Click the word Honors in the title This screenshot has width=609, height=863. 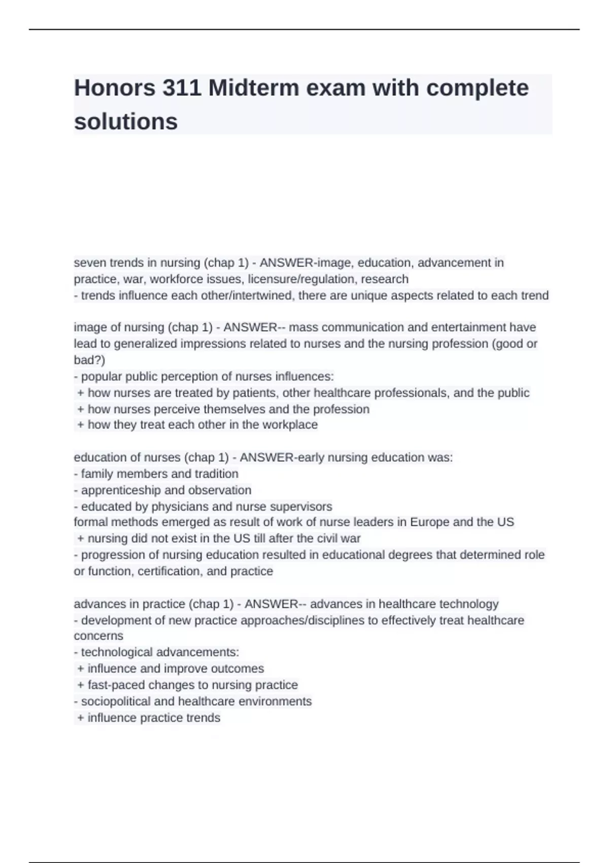point(115,88)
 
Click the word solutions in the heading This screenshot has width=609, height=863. point(126,122)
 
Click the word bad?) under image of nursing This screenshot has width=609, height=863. point(89,360)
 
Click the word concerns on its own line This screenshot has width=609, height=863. point(98,636)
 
